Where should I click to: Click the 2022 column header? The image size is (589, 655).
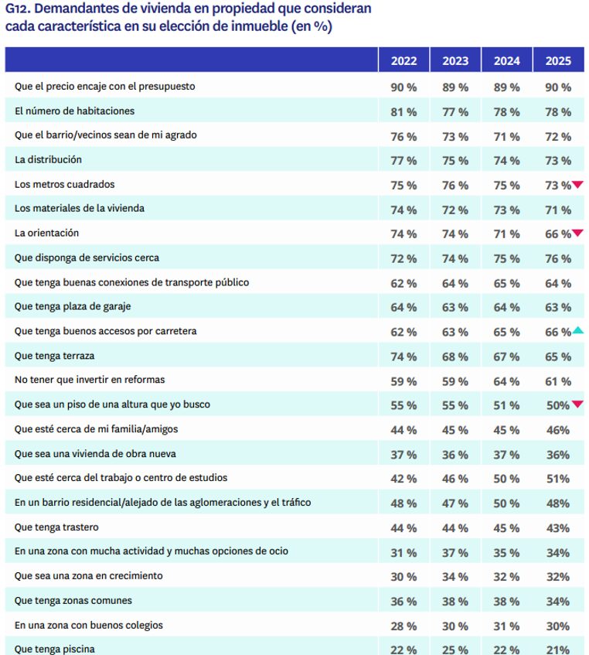[x=403, y=61]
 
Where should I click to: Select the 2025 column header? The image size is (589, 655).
[x=557, y=61]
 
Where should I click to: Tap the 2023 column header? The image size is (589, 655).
[x=455, y=61]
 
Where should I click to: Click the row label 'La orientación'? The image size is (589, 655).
[x=46, y=233]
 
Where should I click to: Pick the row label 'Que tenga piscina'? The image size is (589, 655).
[x=54, y=649]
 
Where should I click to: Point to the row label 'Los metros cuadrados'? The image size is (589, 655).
[x=64, y=184]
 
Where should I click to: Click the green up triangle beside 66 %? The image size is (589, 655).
[x=577, y=331]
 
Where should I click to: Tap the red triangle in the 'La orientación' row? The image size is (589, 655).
[x=577, y=233]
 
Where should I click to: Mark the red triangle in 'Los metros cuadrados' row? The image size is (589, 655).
[x=577, y=184]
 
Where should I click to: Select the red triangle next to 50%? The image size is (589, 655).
[x=577, y=404]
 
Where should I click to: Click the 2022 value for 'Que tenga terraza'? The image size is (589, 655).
[x=403, y=356]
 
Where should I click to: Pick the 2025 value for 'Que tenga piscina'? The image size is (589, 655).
[x=557, y=650]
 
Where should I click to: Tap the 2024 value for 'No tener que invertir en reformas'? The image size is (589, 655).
[x=506, y=381]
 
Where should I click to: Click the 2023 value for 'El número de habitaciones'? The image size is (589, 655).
[x=455, y=112]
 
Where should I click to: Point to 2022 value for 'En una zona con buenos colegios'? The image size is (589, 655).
[x=403, y=626]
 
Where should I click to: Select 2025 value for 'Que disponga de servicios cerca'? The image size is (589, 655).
[x=557, y=258]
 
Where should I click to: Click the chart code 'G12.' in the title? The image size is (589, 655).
[x=18, y=9]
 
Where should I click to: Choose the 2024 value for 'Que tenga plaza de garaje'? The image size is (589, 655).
[x=506, y=308]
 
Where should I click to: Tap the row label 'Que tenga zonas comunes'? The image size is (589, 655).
[x=73, y=600]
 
